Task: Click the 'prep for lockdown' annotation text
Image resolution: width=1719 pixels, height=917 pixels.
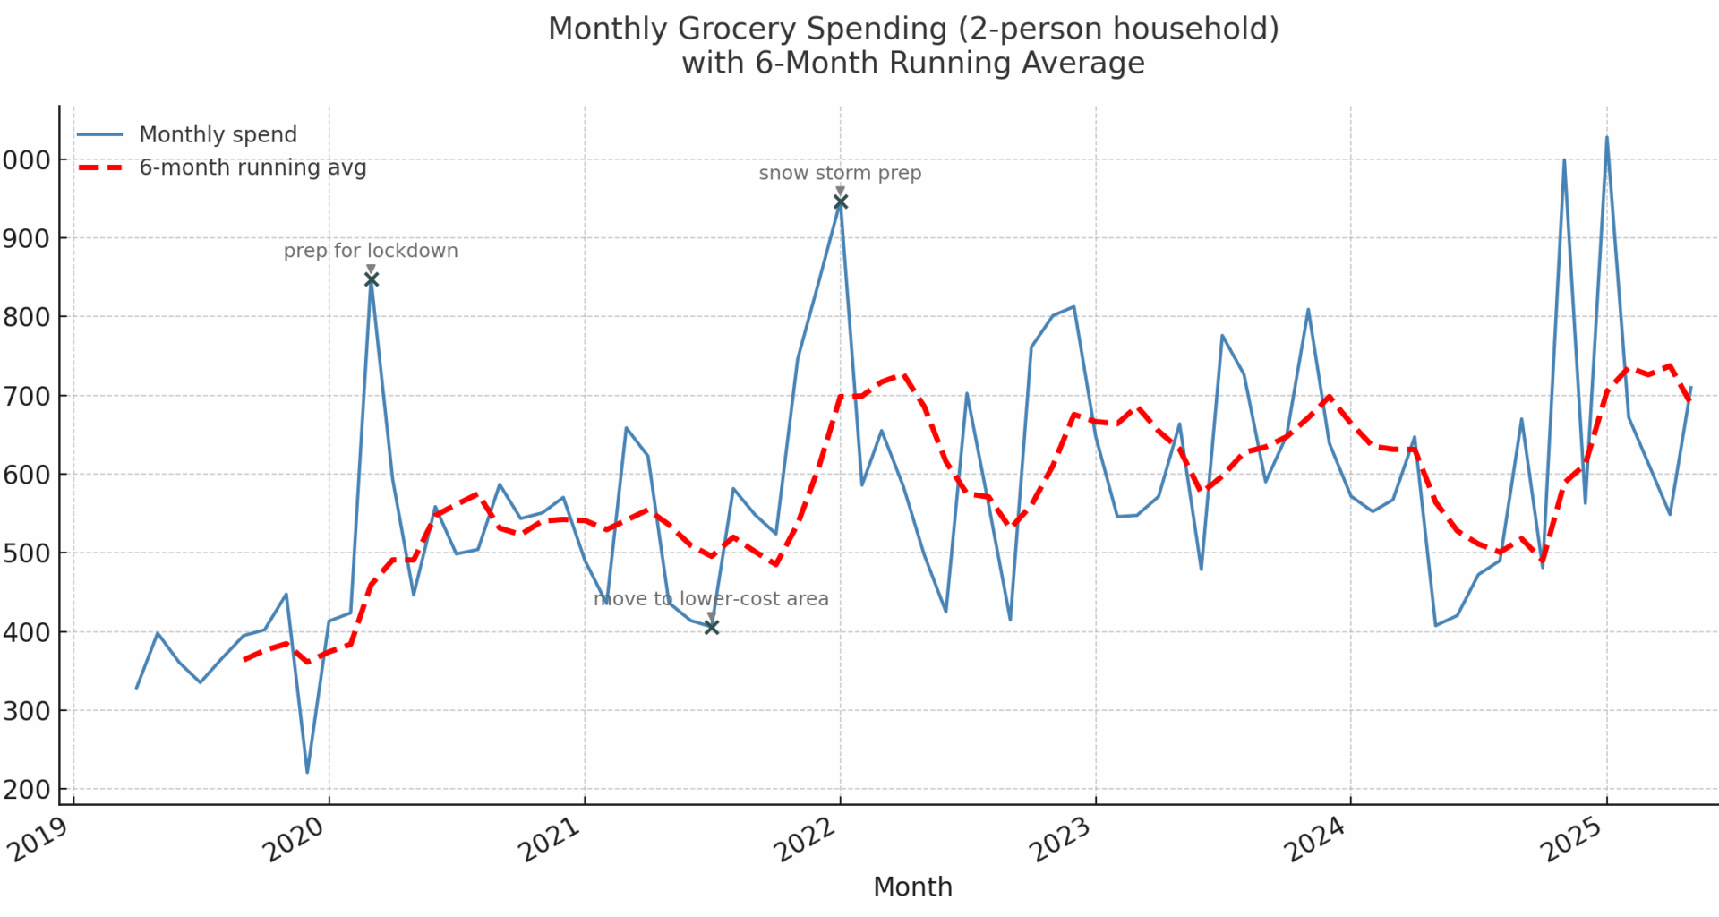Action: click(371, 251)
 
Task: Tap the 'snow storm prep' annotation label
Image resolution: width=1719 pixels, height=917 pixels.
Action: click(840, 173)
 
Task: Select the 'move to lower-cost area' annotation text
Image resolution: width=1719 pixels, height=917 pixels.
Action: click(711, 598)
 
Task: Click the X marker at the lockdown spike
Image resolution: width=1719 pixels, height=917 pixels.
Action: click(372, 279)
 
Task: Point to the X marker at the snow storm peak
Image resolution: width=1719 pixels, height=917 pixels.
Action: click(840, 202)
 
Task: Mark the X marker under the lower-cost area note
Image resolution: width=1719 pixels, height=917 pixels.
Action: click(712, 627)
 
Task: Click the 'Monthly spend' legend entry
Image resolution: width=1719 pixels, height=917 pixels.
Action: click(218, 134)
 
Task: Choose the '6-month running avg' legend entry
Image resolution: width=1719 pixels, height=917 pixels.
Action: click(252, 167)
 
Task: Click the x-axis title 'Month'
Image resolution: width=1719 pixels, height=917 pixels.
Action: click(912, 887)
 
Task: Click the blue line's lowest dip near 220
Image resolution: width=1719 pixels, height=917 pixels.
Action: click(307, 771)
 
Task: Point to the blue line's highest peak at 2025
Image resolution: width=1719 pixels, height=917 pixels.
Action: click(1607, 138)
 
